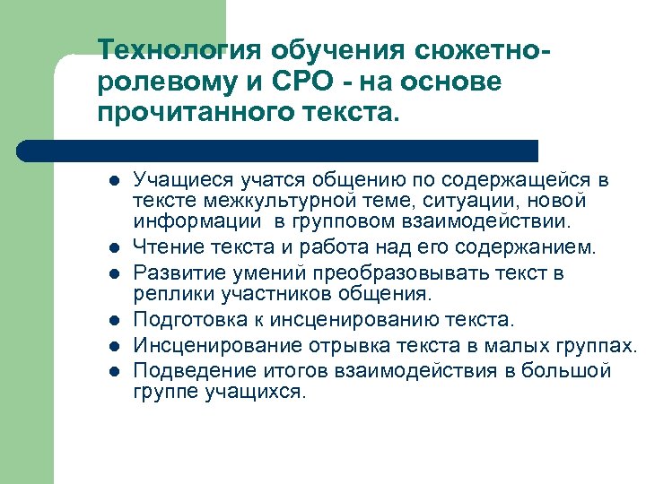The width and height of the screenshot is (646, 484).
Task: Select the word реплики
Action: point(166,294)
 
